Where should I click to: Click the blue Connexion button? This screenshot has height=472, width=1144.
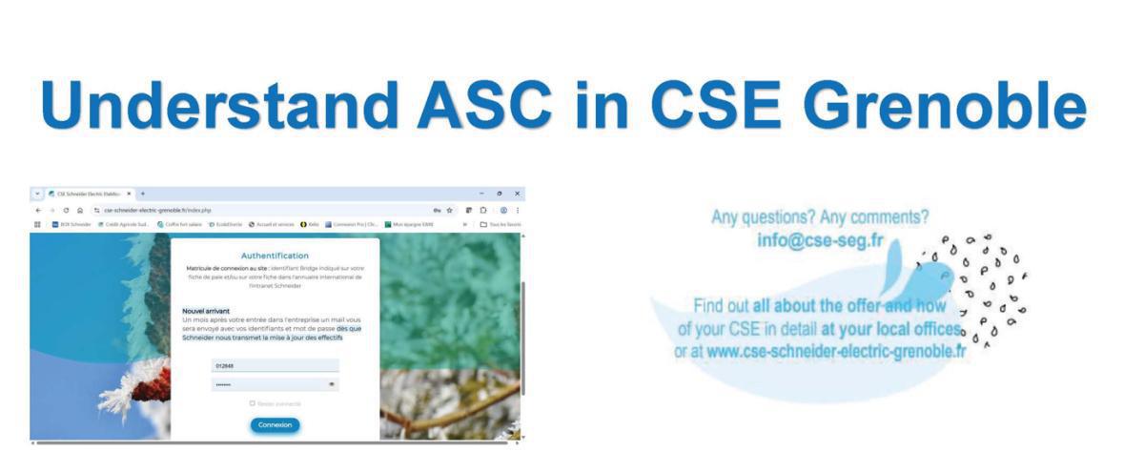(275, 424)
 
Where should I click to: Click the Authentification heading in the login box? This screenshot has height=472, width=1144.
(275, 256)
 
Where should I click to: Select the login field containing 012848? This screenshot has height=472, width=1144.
(275, 366)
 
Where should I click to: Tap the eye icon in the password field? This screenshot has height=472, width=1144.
(332, 384)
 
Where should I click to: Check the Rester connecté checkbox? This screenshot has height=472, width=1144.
(253, 403)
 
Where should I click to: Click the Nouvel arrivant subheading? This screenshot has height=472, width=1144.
(206, 311)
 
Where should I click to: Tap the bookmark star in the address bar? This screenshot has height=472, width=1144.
(449, 210)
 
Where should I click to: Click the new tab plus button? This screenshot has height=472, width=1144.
(142, 194)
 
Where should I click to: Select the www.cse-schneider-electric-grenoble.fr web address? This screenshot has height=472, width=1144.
(837, 351)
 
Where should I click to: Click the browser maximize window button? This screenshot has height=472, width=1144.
(500, 194)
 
